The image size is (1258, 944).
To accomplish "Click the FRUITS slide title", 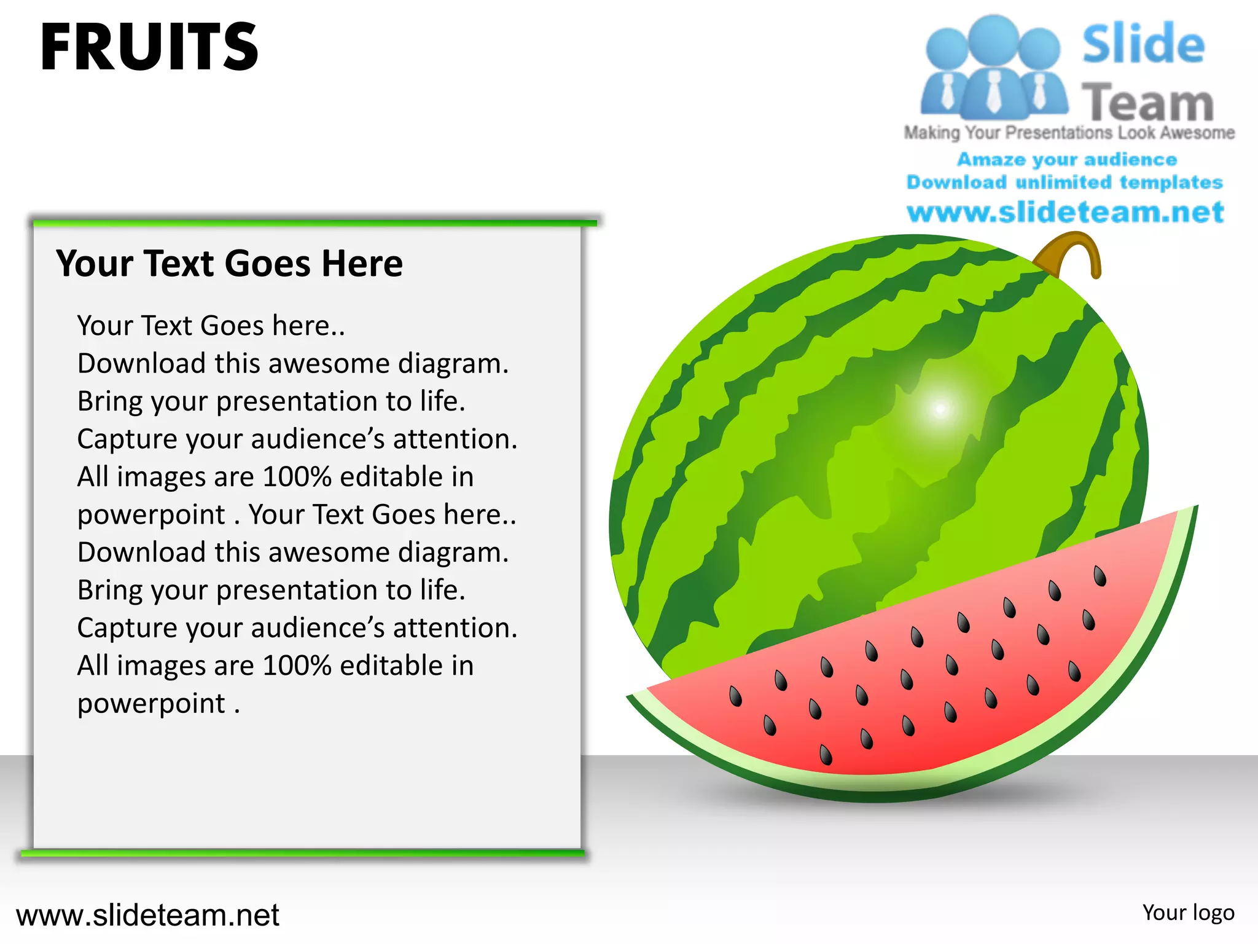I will point(149,47).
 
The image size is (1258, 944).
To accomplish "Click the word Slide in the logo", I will point(1143,44).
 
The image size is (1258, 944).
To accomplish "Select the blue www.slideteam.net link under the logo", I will point(1065,212).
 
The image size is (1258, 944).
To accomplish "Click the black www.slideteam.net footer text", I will point(147,915).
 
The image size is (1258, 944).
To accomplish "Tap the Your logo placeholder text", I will point(1188,913).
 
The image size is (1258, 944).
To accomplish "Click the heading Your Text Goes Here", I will point(229,264).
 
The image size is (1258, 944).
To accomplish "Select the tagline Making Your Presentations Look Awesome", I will point(1069,133).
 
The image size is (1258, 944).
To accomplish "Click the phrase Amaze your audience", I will point(1067,160).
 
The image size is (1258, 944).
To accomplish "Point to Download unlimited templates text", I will point(1065,183).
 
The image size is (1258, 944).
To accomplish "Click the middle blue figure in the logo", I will point(993,68).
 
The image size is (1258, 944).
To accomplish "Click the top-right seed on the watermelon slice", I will point(1100,576).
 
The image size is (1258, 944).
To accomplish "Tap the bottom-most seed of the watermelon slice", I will point(826,754).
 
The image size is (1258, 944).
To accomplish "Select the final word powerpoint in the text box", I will point(151,704).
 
